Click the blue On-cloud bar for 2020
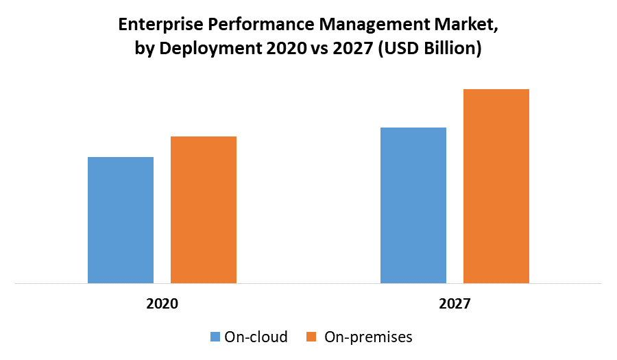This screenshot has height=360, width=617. pyautogui.click(x=121, y=219)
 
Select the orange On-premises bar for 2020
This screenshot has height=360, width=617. pyautogui.click(x=204, y=209)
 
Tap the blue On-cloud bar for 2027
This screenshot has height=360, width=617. pyautogui.click(x=413, y=205)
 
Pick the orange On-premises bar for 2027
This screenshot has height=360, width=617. pyautogui.click(x=496, y=186)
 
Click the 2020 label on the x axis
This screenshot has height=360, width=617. pyautogui.click(x=162, y=303)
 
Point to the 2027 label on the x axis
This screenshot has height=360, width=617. pyautogui.click(x=455, y=303)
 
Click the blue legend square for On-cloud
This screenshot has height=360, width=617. pyautogui.click(x=215, y=337)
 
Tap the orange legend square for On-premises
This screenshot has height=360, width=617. pyautogui.click(x=312, y=337)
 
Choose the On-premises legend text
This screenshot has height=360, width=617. pyautogui.click(x=368, y=337)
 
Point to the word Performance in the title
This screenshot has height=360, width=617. pyautogui.click(x=245, y=25)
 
